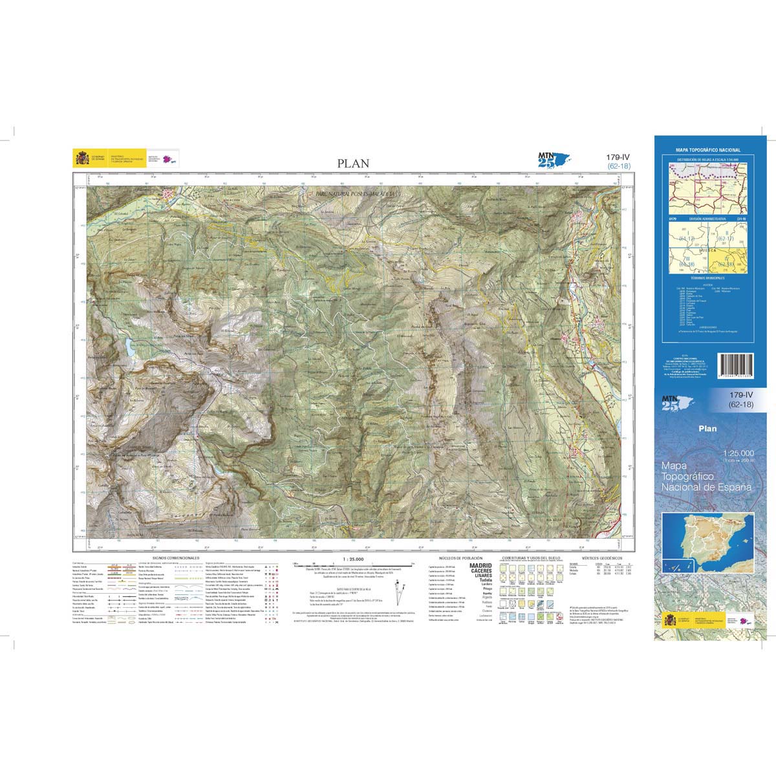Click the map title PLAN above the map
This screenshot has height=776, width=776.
353,164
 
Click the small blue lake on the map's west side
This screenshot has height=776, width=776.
131,348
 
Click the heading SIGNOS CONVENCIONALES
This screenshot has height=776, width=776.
176,557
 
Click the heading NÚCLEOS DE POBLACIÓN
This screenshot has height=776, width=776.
457,557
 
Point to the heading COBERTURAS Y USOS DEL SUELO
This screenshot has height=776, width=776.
528,557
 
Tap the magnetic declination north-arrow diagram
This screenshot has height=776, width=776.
402,591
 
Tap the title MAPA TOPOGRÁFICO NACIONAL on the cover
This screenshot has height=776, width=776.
707,150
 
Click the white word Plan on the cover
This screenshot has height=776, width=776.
707,428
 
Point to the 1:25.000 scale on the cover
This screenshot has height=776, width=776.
738,453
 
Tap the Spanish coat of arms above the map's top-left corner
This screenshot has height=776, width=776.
82,159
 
